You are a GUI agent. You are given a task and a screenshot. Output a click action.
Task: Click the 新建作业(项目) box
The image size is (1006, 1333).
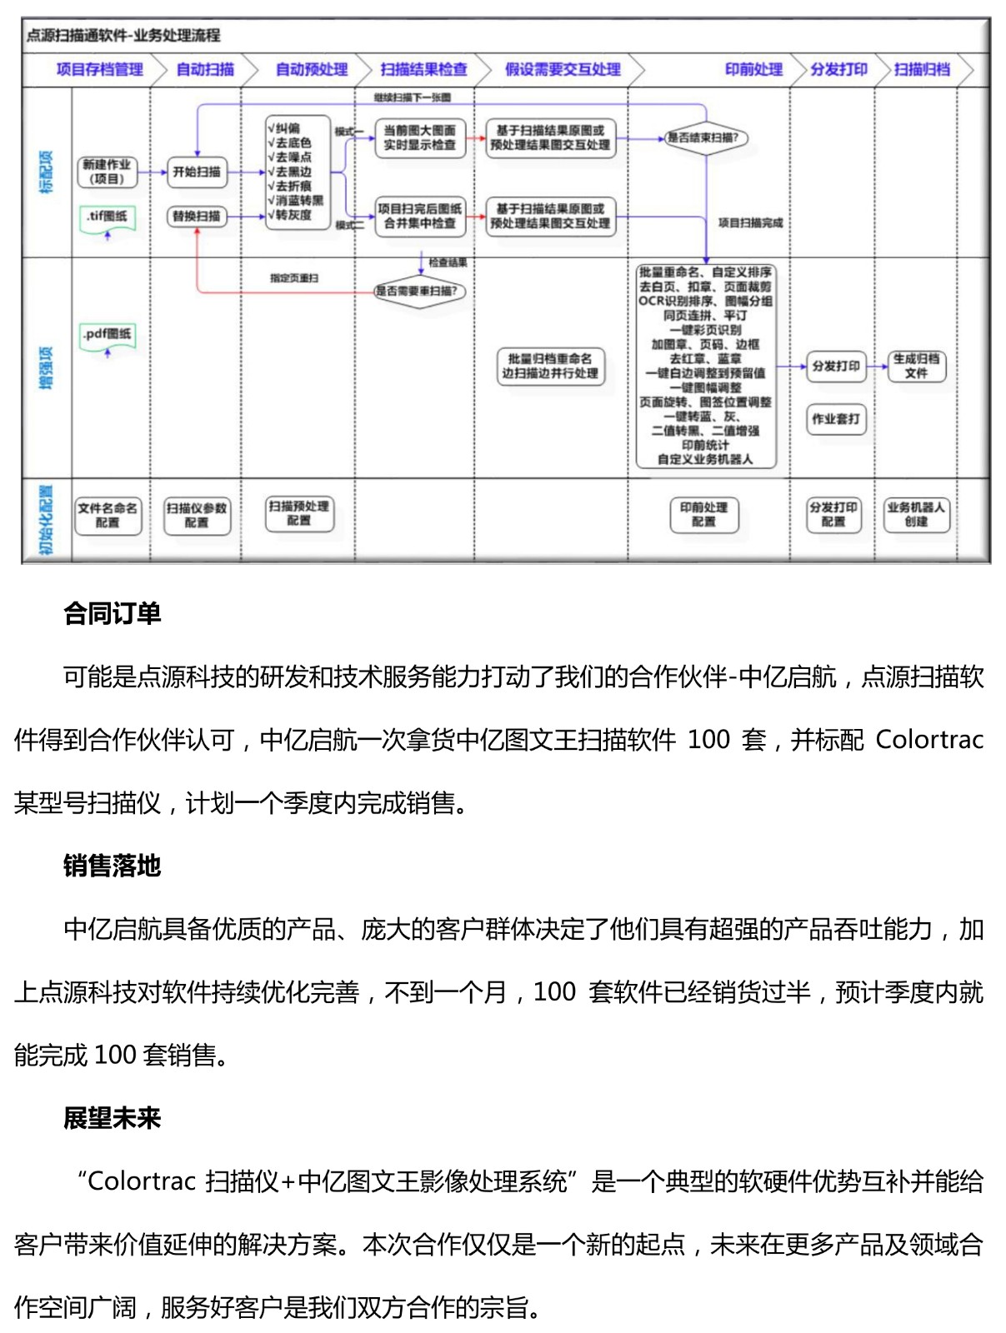click(107, 172)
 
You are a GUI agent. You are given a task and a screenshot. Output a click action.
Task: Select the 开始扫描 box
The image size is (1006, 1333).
click(197, 172)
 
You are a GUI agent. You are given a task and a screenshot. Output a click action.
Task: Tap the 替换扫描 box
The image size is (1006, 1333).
click(197, 216)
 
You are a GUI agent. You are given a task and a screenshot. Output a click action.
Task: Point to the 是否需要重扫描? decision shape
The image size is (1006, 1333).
click(416, 291)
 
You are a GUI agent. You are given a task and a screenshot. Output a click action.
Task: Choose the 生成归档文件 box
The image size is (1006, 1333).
click(916, 366)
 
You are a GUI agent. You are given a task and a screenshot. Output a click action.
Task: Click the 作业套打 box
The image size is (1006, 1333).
click(835, 418)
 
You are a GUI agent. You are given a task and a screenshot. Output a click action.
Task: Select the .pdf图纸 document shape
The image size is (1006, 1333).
click(107, 335)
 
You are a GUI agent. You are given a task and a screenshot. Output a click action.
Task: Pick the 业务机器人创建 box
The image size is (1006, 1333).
click(916, 514)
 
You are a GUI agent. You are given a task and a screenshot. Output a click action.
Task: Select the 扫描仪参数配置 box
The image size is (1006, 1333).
click(197, 515)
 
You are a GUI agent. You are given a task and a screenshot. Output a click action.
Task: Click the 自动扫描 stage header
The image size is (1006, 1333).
click(205, 69)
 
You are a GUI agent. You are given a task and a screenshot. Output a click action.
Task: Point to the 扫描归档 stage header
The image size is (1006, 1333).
click(922, 69)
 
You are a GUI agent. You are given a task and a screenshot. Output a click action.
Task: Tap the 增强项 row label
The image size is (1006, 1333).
click(47, 367)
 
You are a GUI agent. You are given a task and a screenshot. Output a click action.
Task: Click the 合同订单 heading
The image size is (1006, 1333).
click(112, 613)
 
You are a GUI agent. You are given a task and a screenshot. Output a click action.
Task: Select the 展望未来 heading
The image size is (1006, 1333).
click(112, 1118)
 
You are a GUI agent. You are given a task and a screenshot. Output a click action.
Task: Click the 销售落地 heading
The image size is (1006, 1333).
click(112, 866)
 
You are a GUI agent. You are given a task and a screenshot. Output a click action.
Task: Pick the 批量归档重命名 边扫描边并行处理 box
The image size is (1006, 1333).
click(550, 366)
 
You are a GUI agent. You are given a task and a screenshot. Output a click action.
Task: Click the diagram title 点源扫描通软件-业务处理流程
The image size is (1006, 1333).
click(123, 35)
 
